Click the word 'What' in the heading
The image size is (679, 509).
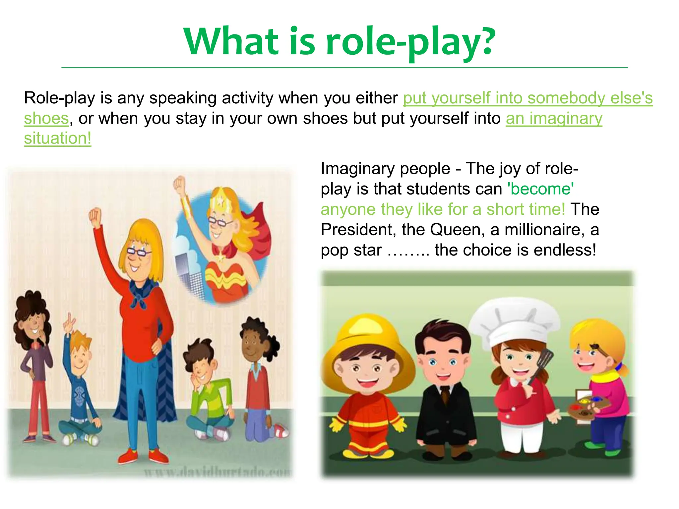[x=231, y=41]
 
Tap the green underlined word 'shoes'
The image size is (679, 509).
[x=46, y=118]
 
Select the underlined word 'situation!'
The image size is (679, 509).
[x=57, y=138]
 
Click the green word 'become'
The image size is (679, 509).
[x=541, y=189]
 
